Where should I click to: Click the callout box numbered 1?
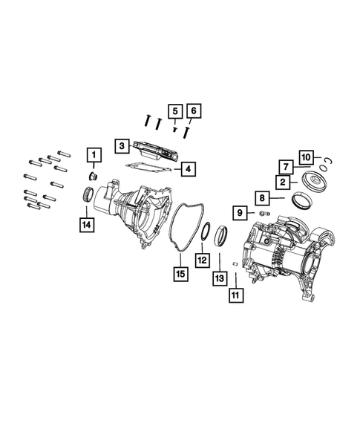[x=94, y=155]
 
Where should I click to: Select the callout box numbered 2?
[x=284, y=180]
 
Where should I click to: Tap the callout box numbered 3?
[x=121, y=146]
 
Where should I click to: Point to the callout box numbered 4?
[x=189, y=170]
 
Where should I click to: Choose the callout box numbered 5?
[x=174, y=111]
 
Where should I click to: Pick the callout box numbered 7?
[x=284, y=166]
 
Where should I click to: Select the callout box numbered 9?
[x=241, y=213]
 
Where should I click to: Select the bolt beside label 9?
[x=261, y=213]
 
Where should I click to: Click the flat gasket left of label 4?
[x=148, y=169]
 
